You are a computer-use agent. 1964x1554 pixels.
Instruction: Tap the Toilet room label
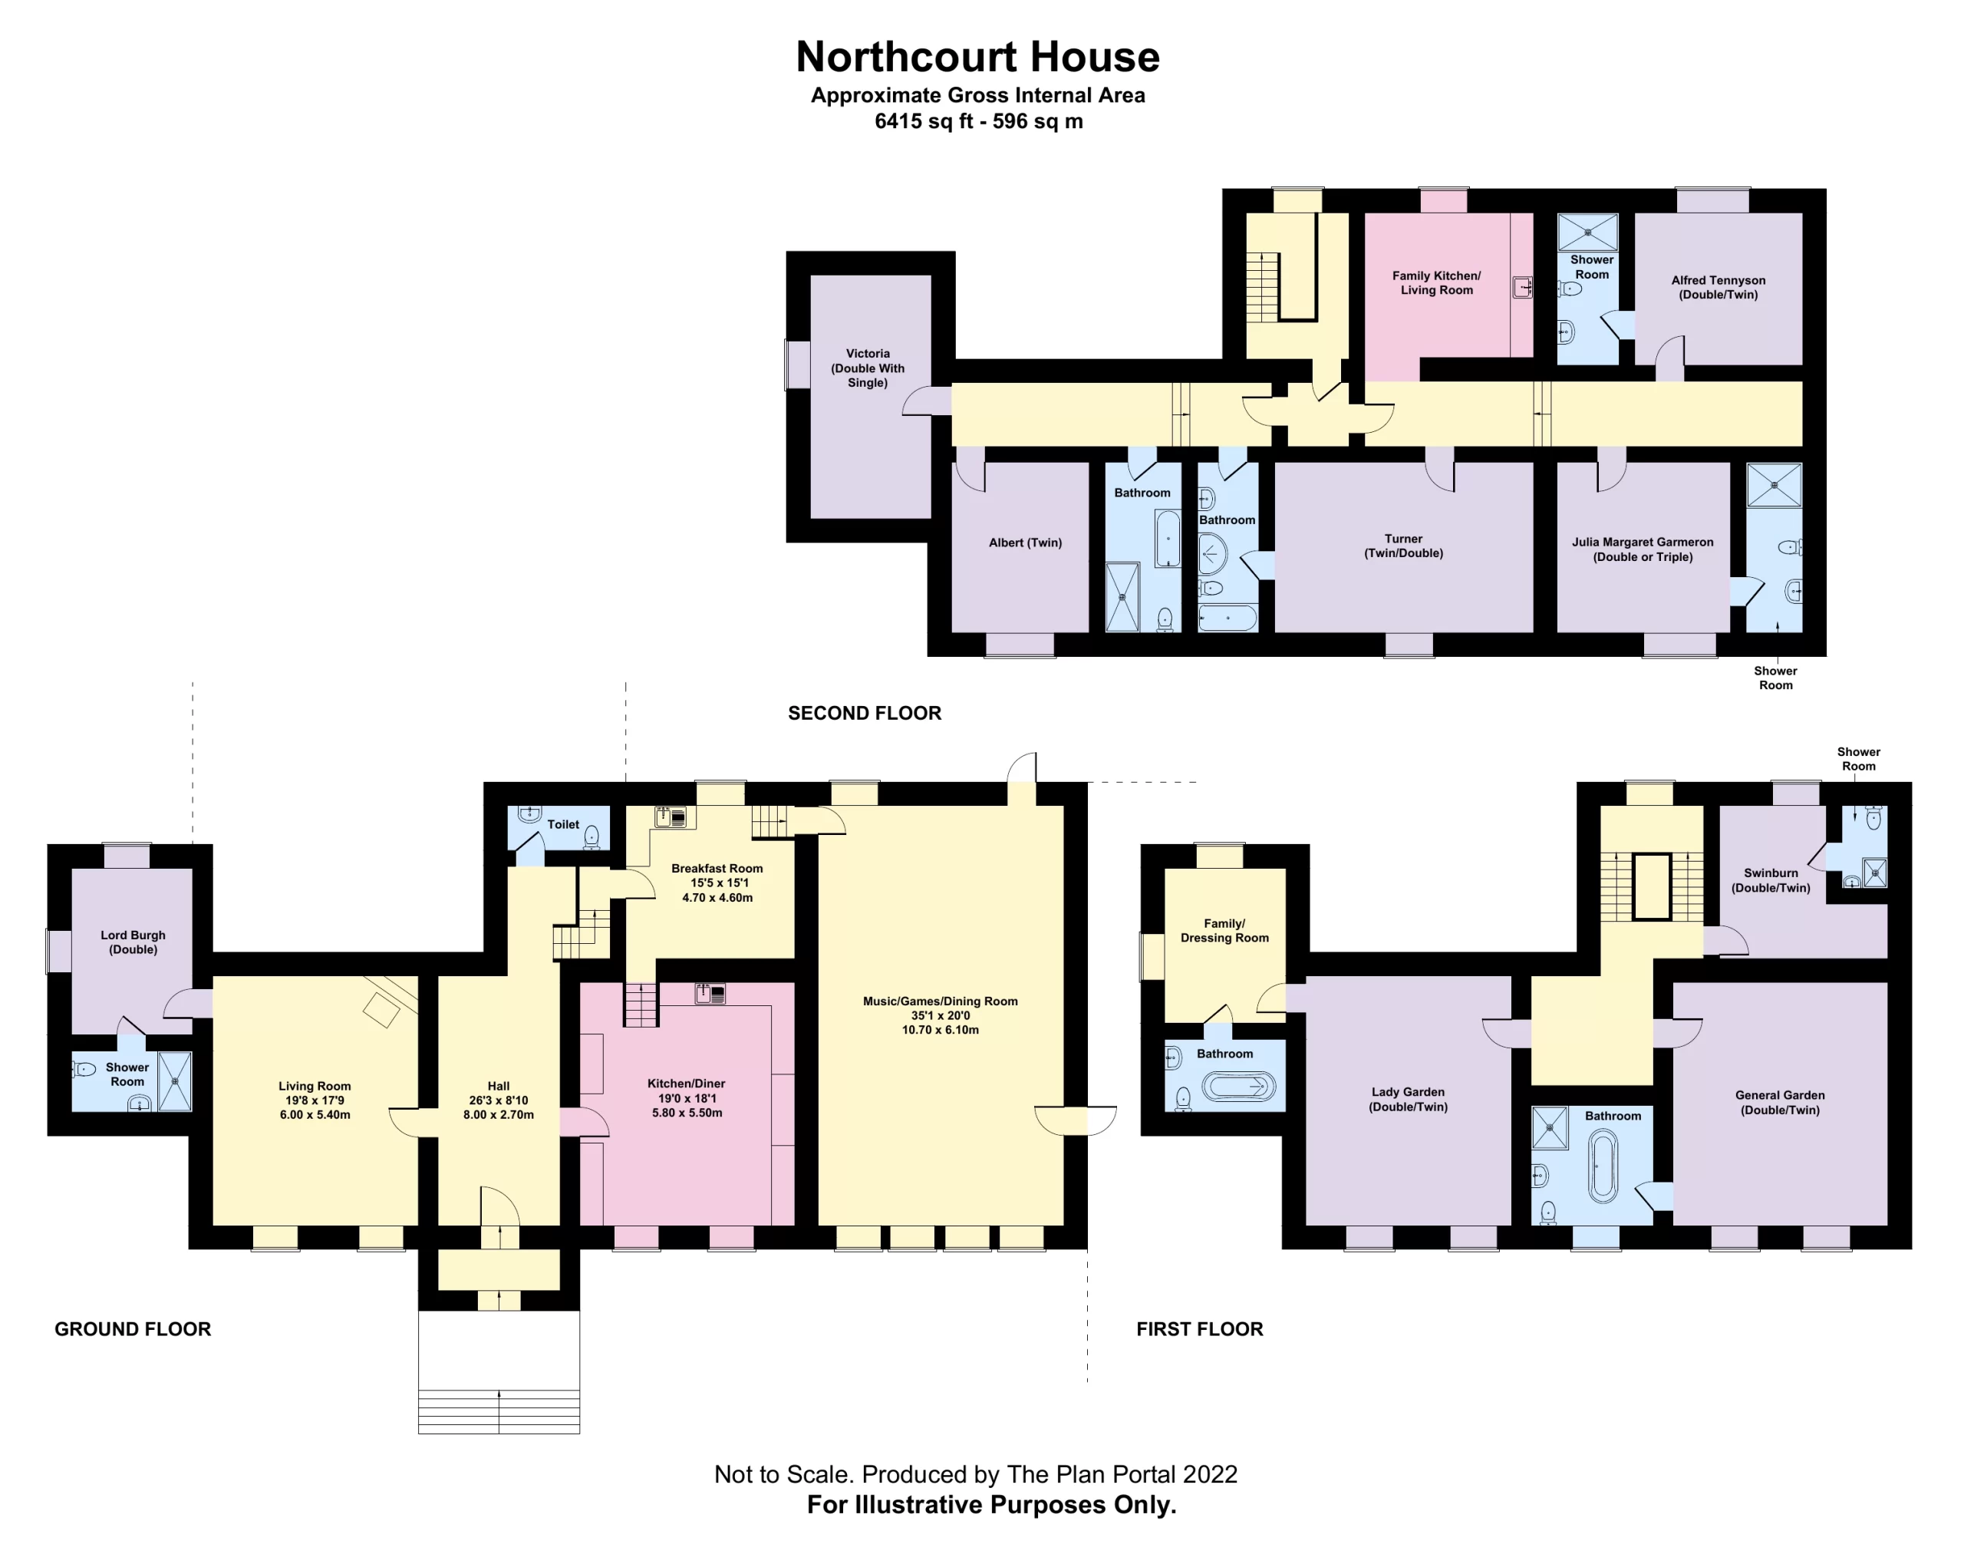pyautogui.click(x=562, y=824)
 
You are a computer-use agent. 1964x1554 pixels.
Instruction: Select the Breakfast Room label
pyautogui.click(x=717, y=868)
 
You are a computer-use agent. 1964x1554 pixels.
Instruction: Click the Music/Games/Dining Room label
pyautogui.click(x=940, y=1001)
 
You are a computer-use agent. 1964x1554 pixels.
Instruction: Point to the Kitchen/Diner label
pyautogui.click(x=686, y=1084)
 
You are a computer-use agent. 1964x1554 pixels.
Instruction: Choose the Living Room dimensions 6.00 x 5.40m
pyautogui.click(x=315, y=1114)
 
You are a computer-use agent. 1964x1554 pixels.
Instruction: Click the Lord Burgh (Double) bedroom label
pyautogui.click(x=133, y=942)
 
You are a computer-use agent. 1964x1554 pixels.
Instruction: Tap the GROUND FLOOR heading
pyautogui.click(x=133, y=1328)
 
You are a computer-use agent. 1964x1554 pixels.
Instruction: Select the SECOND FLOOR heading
pyautogui.click(x=864, y=714)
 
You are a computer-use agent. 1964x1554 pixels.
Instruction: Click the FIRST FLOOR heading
pyautogui.click(x=1199, y=1328)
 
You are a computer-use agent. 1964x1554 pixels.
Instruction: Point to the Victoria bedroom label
pyautogui.click(x=867, y=368)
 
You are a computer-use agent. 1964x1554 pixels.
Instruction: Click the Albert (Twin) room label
pyautogui.click(x=1025, y=543)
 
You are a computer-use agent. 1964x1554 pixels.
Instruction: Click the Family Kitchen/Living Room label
pyautogui.click(x=1435, y=282)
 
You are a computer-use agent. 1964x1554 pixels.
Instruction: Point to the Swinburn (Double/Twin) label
pyautogui.click(x=1770, y=879)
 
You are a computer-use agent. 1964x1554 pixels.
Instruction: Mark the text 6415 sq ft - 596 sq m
pyautogui.click(x=978, y=121)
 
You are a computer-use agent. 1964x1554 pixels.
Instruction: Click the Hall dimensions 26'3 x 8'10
pyautogui.click(x=498, y=1100)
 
